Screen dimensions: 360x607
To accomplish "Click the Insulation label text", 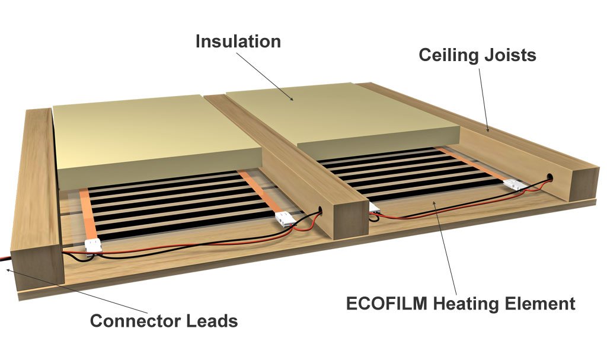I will pyautogui.click(x=238, y=42).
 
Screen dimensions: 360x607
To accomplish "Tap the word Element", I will pyautogui.click(x=540, y=304).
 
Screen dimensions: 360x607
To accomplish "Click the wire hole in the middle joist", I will pyautogui.click(x=321, y=209).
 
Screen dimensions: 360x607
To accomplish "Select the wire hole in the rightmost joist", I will pyautogui.click(x=551, y=176).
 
